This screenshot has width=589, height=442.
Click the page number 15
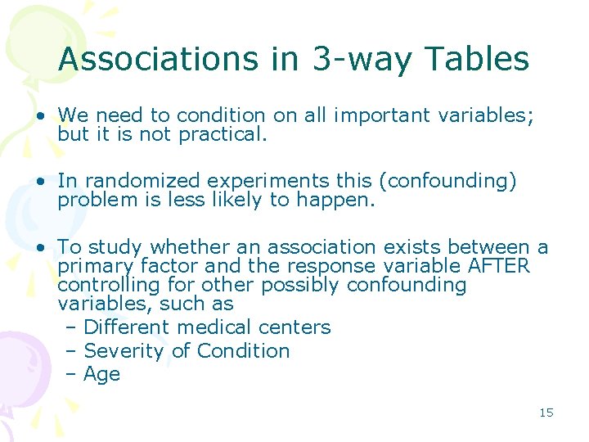[546, 413]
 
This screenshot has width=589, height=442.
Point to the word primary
[97, 266]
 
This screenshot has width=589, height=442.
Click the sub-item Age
[102, 375]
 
